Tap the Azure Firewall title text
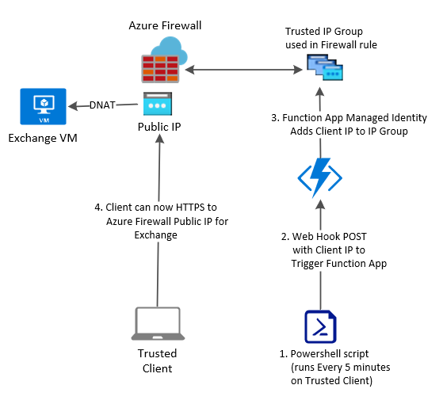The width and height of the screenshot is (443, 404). [165, 25]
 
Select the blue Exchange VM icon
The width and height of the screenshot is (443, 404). [44, 106]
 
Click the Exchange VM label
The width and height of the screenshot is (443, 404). [43, 138]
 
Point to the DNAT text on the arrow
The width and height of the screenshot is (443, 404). [102, 105]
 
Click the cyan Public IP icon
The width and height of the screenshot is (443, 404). [158, 104]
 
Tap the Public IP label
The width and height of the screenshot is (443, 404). [159, 127]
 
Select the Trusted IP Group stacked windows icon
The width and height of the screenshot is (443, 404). [325, 67]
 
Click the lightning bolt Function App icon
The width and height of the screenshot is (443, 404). [320, 177]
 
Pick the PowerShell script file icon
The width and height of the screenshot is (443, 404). [320, 326]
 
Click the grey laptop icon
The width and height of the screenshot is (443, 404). [158, 323]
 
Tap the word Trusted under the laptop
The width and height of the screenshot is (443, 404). [158, 353]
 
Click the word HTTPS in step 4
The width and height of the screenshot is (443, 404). [190, 208]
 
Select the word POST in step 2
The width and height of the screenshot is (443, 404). [353, 237]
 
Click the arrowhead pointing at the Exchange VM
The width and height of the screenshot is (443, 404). [73, 106]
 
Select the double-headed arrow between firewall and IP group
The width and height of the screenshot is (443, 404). [243, 70]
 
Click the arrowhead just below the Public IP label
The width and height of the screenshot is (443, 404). [160, 139]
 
